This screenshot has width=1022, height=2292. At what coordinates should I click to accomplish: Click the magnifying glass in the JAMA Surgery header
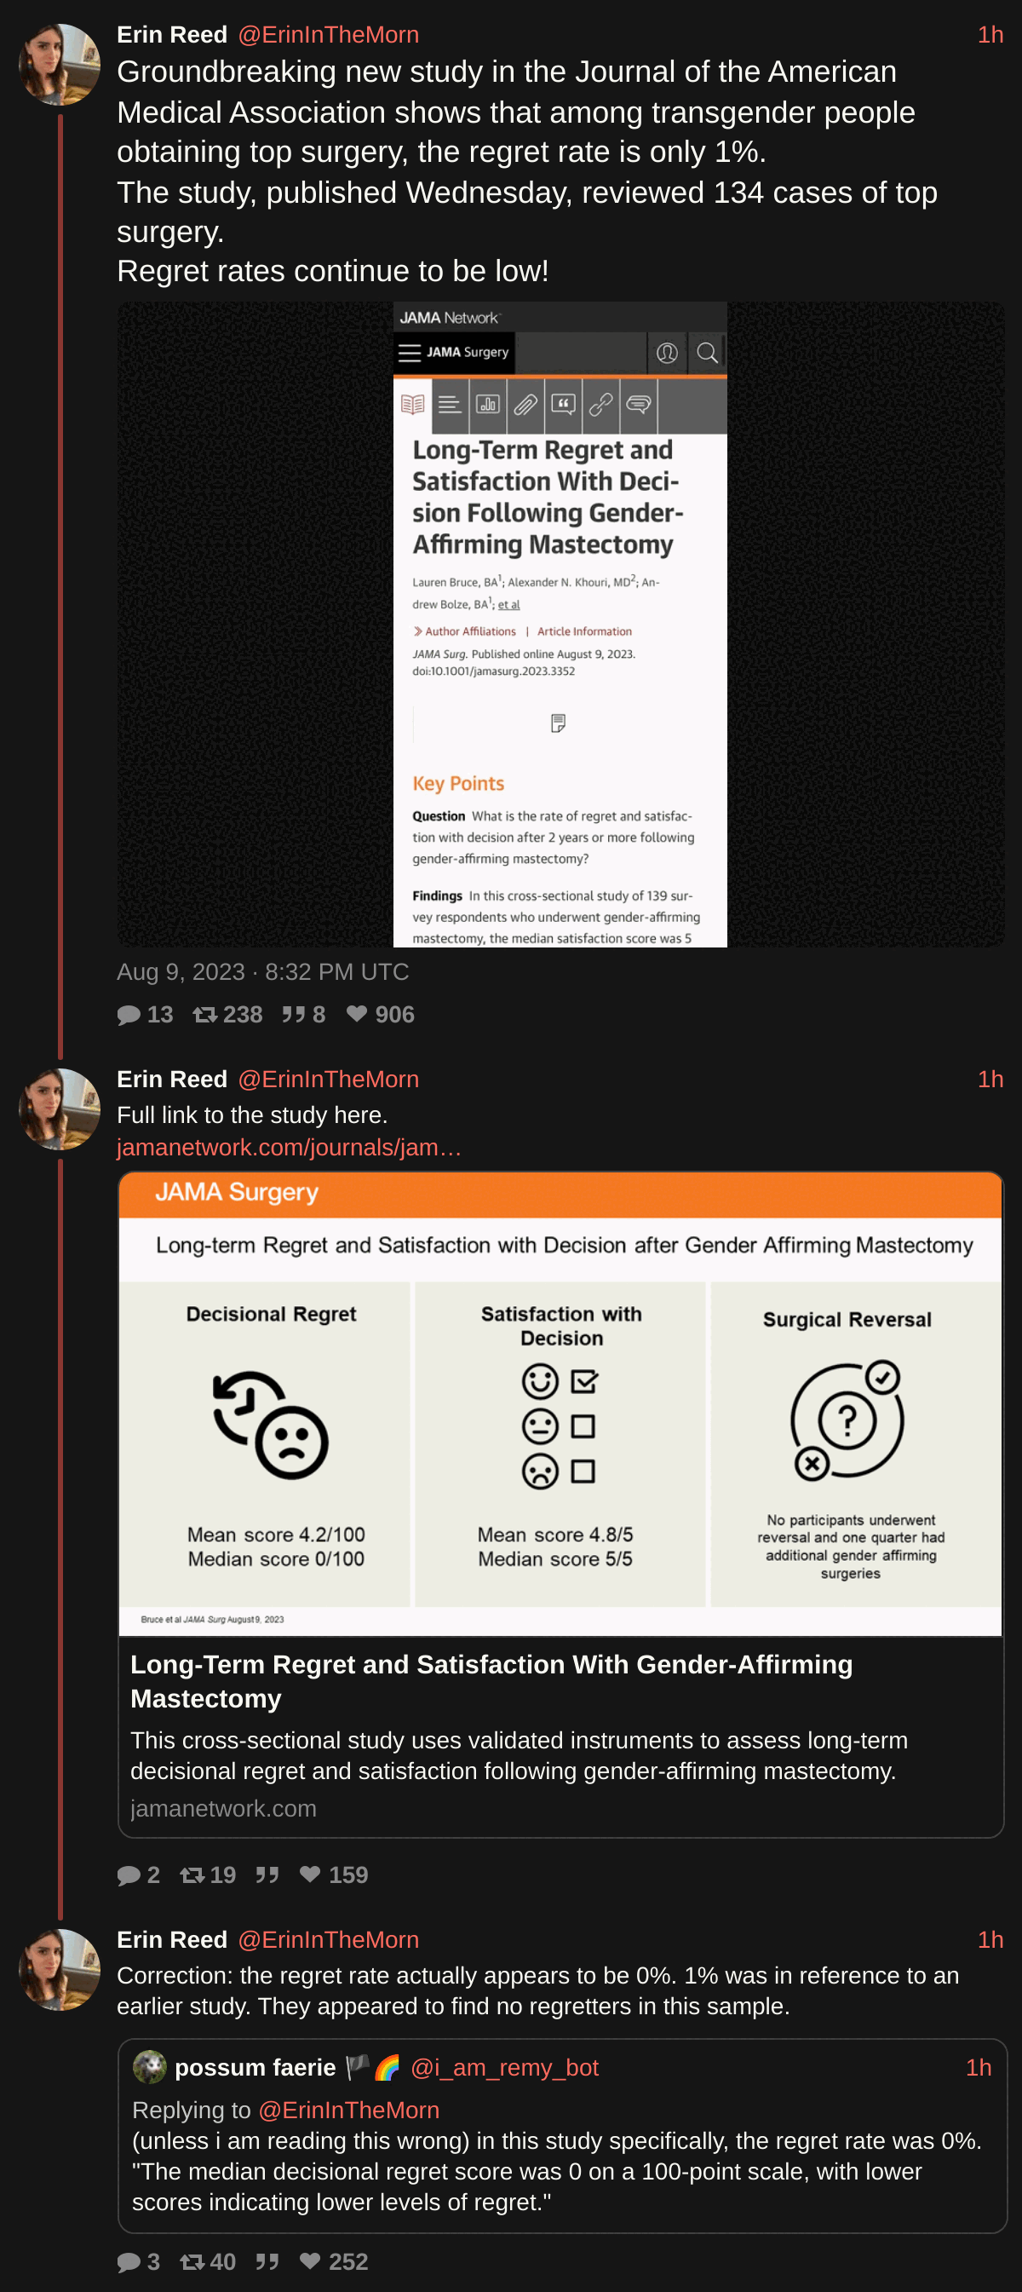pos(707,354)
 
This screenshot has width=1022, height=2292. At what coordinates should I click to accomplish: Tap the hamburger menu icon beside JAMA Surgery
pos(409,354)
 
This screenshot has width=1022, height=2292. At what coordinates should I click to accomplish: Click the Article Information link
pos(584,631)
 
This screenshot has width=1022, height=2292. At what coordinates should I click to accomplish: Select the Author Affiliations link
pos(464,631)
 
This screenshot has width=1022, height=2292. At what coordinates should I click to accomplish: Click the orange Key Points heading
pos(458,783)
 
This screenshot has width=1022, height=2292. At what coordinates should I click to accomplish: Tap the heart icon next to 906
pos(357,1013)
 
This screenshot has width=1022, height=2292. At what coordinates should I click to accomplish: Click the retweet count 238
pos(243,1014)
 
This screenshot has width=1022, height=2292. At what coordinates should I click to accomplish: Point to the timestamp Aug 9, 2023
pos(181,971)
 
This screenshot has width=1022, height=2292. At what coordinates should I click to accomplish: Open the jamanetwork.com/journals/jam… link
pos(289,1147)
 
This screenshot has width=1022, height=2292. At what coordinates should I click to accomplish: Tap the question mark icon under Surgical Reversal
pos(847,1420)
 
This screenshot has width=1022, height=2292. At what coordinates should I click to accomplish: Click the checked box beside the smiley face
pos(583,1382)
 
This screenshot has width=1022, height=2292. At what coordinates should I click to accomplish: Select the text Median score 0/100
pos(276,1559)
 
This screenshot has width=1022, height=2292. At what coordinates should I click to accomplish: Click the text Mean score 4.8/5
pos(555,1535)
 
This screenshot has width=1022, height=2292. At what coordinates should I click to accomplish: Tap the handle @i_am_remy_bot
pos(504,2068)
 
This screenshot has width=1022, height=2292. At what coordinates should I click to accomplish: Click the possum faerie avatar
pos(149,2067)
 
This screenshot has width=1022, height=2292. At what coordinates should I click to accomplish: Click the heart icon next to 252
pos(309,2260)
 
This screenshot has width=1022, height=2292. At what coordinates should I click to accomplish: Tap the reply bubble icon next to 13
pos(129,1014)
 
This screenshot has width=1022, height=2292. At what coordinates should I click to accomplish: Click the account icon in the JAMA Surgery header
pos(667,354)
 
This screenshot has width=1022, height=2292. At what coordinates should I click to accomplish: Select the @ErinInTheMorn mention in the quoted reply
pos(348,2111)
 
